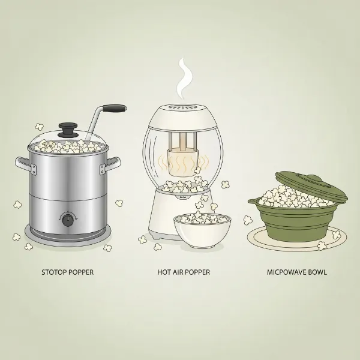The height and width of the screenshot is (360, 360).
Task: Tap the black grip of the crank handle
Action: point(115,109)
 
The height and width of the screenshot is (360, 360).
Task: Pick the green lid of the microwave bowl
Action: point(312,186)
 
